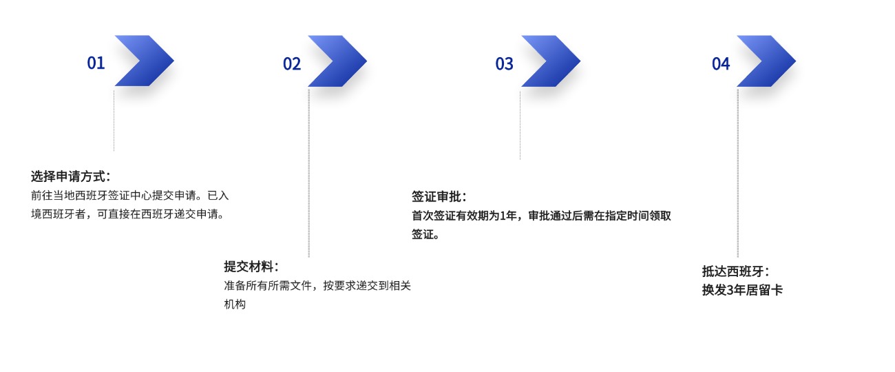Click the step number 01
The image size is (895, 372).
pyautogui.click(x=96, y=63)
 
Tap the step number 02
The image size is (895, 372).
pyautogui.click(x=292, y=64)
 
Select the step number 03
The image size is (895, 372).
pyautogui.click(x=505, y=64)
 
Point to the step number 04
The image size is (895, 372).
pyautogui.click(x=721, y=64)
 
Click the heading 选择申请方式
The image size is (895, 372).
pyautogui.click(x=70, y=176)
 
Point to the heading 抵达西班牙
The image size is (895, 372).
pyautogui.click(x=735, y=271)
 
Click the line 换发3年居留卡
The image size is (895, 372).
pyautogui.click(x=742, y=290)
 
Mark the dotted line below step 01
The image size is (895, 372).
pyautogui.click(x=114, y=121)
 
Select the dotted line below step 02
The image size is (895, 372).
pyautogui.click(x=308, y=172)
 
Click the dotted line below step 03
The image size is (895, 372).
pyautogui.click(x=520, y=124)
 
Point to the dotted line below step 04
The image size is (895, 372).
pyautogui.click(x=737, y=172)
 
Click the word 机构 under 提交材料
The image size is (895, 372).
pyautogui.click(x=235, y=304)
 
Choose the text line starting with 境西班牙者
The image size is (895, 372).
pyautogui.click(x=127, y=214)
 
